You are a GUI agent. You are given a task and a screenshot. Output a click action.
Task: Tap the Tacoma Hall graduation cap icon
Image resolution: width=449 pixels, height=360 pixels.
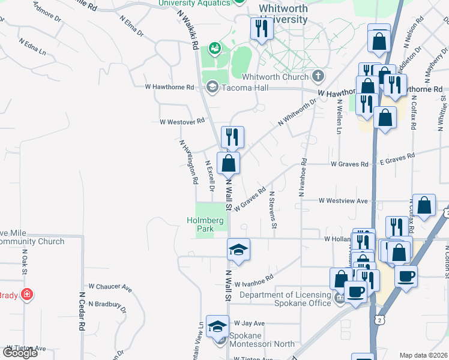click(211, 88)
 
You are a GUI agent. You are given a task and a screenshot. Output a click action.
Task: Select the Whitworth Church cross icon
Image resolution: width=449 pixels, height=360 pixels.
click(318, 76)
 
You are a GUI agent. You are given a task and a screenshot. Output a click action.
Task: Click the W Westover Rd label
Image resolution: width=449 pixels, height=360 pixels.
click(182, 121)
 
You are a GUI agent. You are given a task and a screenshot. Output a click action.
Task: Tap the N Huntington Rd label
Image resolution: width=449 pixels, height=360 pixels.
click(188, 161)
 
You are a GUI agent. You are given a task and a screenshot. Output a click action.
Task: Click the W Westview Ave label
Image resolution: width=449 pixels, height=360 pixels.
click(343, 200)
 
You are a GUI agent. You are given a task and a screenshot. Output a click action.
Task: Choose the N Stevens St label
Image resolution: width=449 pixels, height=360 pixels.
click(273, 210)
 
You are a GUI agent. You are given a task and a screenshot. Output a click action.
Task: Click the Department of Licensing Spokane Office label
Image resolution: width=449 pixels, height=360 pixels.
click(285, 299)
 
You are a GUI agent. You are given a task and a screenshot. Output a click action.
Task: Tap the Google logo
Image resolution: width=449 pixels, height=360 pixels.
click(20, 352)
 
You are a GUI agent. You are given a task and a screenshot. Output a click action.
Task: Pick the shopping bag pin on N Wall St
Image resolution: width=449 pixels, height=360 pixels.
click(229, 163)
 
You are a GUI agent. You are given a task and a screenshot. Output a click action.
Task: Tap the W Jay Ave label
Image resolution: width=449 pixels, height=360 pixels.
click(249, 323)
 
